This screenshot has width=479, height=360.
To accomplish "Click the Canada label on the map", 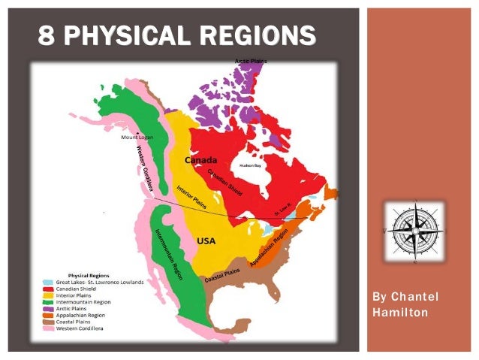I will (201, 160).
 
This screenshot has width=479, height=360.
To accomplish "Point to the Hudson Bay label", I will (250, 165).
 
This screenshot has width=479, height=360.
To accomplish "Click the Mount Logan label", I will (137, 138).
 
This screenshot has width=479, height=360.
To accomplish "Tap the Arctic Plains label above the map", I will (251, 60).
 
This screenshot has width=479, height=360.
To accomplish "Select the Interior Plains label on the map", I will (191, 195).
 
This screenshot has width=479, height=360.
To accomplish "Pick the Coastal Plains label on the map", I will (222, 275).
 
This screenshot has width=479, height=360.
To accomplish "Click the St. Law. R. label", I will (282, 212).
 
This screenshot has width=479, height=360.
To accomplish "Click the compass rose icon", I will (414, 231).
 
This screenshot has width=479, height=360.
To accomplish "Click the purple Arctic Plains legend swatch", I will (47, 308).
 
